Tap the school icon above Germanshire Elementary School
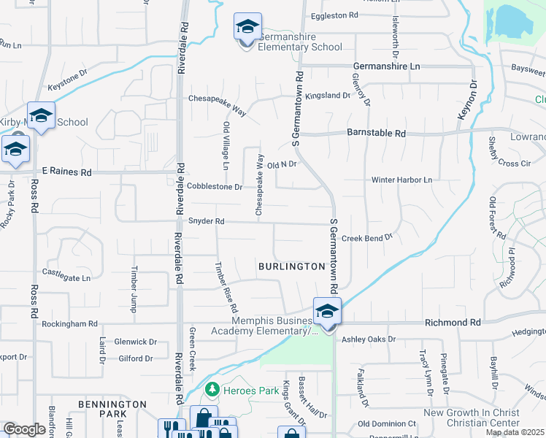[x=247, y=26]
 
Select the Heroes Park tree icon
[x=212, y=390]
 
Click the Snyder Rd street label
[x=206, y=221]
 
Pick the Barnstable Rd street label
[x=380, y=134]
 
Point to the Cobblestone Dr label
[x=214, y=186]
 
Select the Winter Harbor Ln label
[x=402, y=180]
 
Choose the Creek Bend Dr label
[x=367, y=237]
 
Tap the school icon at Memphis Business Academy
[x=328, y=311]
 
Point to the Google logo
[x=25, y=429]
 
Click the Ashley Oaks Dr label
[x=369, y=339]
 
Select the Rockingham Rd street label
[x=69, y=323]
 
